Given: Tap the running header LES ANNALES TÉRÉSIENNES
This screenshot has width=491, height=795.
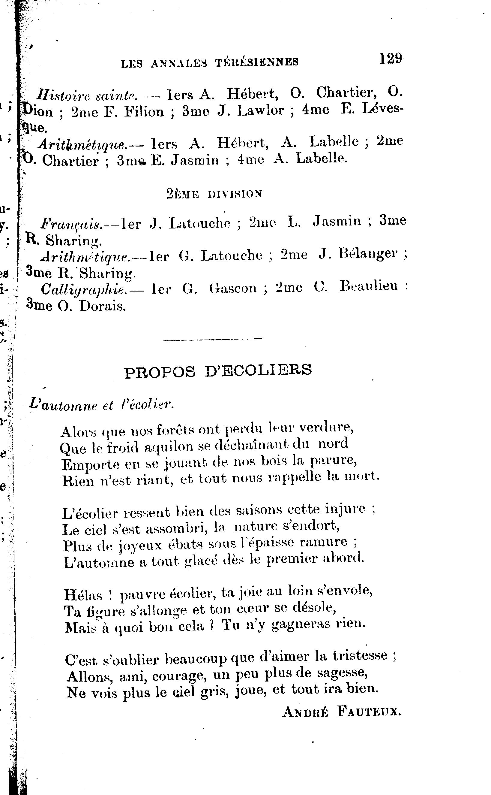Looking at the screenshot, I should pos(210,62).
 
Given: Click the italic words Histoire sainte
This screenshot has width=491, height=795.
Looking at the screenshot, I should pos(87,95).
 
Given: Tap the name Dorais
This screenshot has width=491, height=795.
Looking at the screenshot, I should pos(102,307).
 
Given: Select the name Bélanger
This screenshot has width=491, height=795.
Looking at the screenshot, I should pos(368,255).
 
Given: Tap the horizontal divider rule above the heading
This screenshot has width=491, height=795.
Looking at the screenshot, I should pos(213,340).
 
